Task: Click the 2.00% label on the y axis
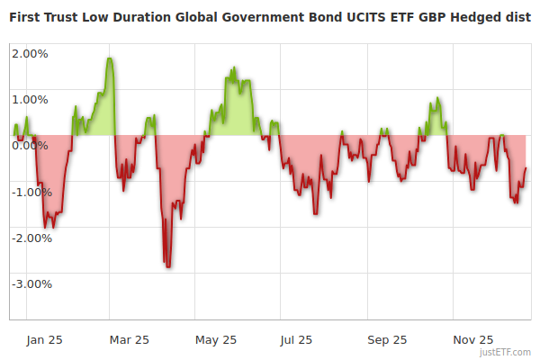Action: (30, 53)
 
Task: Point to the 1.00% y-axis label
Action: (30, 99)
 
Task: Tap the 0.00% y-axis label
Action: (30, 146)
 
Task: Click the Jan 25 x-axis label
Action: (43, 339)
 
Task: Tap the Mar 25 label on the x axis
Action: (129, 339)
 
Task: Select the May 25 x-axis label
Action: (215, 339)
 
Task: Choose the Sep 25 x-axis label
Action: (387, 339)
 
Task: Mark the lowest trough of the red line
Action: (168, 266)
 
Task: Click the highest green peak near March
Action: (110, 58)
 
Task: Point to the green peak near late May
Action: (234, 67)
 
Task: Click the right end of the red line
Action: (526, 168)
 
